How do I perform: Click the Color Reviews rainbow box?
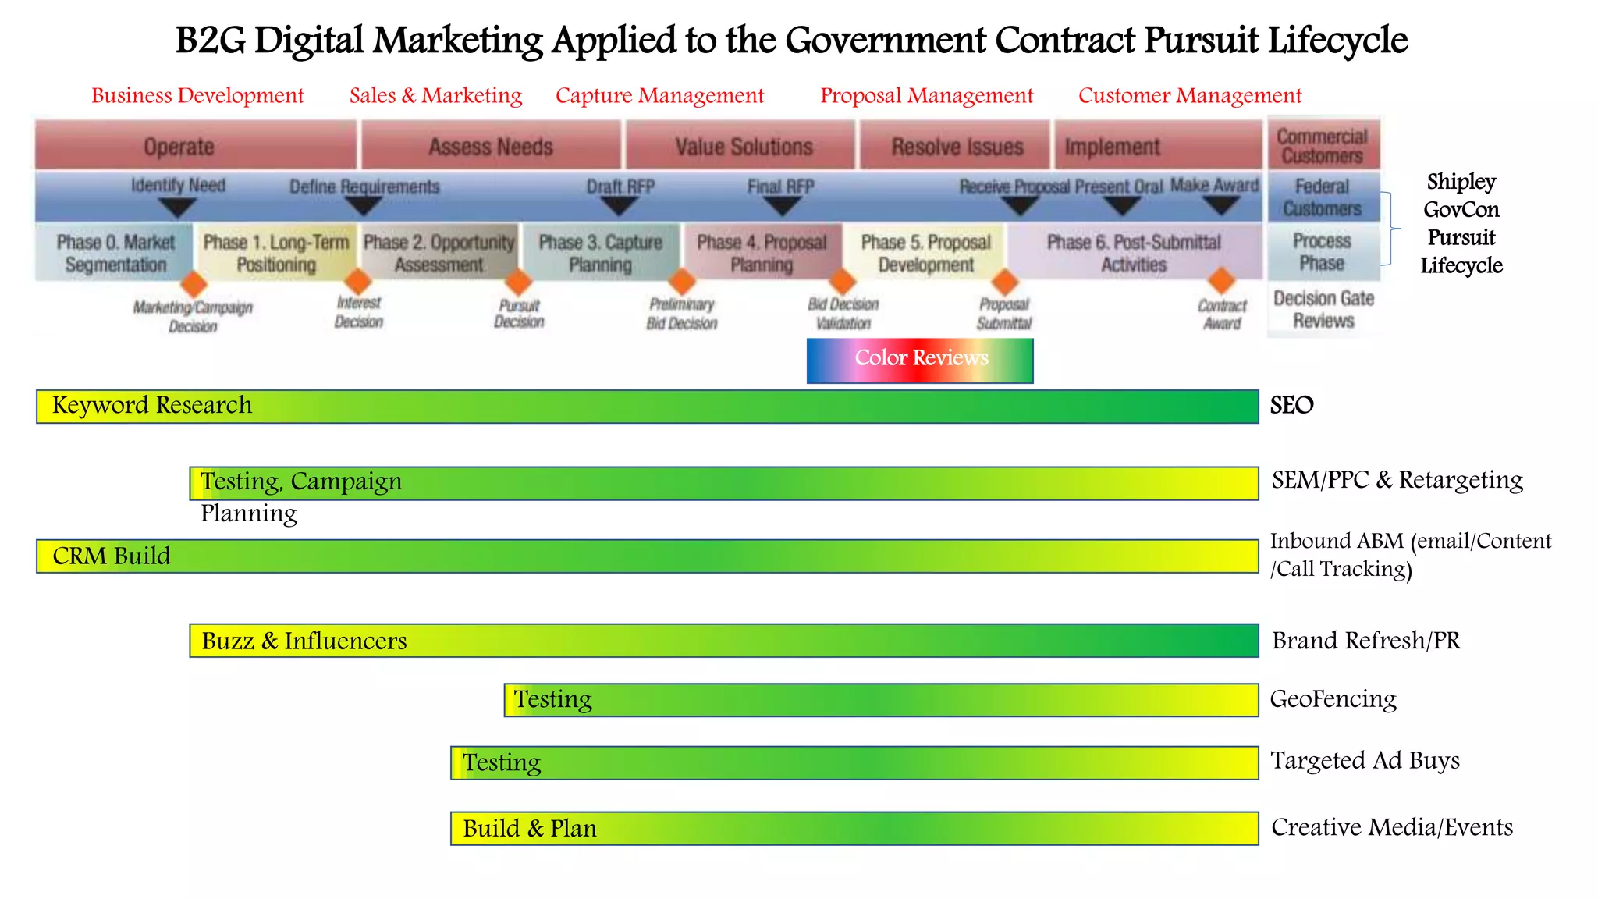pyautogui.click(x=920, y=360)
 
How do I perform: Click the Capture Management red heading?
pyautogui.click(x=659, y=96)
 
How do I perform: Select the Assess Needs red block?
pyautogui.click(x=491, y=146)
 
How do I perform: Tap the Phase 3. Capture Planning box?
pyautogui.click(x=600, y=253)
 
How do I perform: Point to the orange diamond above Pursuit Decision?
pyautogui.click(x=518, y=282)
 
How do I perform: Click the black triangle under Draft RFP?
pyautogui.click(x=620, y=206)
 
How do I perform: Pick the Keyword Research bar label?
pyautogui.click(x=152, y=406)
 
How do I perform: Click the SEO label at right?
pyautogui.click(x=1291, y=406)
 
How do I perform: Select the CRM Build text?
pyautogui.click(x=112, y=556)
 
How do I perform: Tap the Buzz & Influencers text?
pyautogui.click(x=304, y=641)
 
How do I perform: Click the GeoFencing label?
pyautogui.click(x=1333, y=699)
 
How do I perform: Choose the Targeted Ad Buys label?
pyautogui.click(x=1365, y=761)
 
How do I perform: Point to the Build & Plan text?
pyautogui.click(x=530, y=829)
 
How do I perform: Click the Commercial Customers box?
pyautogui.click(x=1323, y=146)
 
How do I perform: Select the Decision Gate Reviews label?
pyautogui.click(x=1323, y=310)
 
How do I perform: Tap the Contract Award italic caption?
pyautogui.click(x=1222, y=314)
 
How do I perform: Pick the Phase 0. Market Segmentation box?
pyautogui.click(x=115, y=253)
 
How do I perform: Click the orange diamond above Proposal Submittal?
pyautogui.click(x=1005, y=282)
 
